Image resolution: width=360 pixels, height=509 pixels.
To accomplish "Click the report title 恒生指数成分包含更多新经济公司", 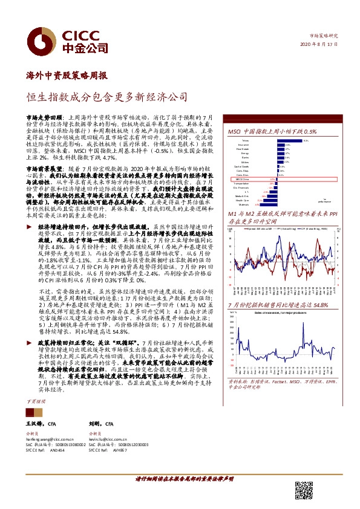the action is tap(106, 96).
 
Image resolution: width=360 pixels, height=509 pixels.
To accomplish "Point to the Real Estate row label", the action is tap(243, 150).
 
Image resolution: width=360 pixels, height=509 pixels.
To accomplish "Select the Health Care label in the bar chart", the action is tap(241, 201).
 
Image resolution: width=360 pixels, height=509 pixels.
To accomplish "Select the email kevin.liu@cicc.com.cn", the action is tap(109, 439).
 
